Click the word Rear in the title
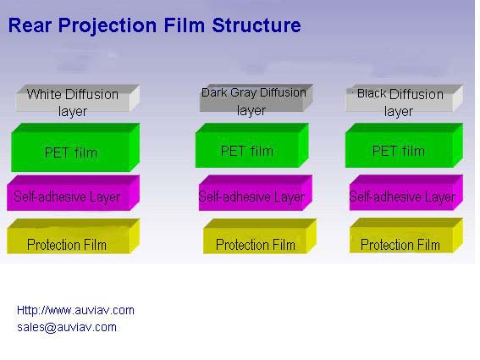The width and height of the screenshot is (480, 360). (30, 25)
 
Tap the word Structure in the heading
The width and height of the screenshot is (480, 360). (257, 25)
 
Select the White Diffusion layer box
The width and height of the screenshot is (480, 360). (78, 98)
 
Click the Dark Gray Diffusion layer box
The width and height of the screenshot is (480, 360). (256, 97)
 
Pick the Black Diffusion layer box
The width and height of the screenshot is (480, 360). (404, 97)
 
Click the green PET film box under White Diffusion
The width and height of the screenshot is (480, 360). (75, 147)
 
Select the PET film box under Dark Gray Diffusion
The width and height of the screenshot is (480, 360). (251, 145)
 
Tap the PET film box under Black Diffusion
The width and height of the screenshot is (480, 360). (404, 145)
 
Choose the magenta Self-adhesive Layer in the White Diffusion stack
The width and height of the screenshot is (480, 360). (73, 193)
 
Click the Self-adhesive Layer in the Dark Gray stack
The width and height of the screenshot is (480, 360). (256, 193)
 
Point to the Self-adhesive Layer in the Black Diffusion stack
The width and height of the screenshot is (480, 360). (406, 193)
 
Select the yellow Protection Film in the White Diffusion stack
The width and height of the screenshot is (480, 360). (73, 236)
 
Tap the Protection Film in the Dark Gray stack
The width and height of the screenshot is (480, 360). (260, 236)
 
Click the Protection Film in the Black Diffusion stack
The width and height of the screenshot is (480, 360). (406, 235)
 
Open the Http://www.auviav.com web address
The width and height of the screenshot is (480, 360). (75, 310)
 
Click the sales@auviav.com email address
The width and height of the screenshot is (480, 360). (67, 327)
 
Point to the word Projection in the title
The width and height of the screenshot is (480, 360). (108, 26)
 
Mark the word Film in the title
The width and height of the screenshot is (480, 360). (185, 25)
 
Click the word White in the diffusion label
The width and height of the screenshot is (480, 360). (44, 94)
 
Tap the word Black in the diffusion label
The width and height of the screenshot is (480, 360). (372, 93)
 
